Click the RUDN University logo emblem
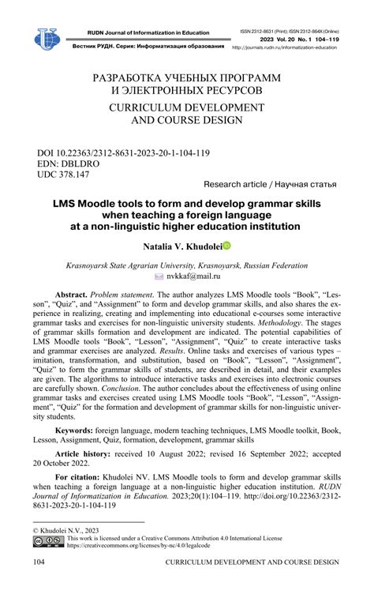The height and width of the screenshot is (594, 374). pos(47,38)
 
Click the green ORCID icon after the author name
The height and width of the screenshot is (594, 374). pos(226,246)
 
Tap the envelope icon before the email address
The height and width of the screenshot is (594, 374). pos(159,277)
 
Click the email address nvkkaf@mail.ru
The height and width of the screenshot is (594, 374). pos(194,277)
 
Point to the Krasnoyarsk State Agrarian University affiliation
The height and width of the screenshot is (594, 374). pos(186,266)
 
